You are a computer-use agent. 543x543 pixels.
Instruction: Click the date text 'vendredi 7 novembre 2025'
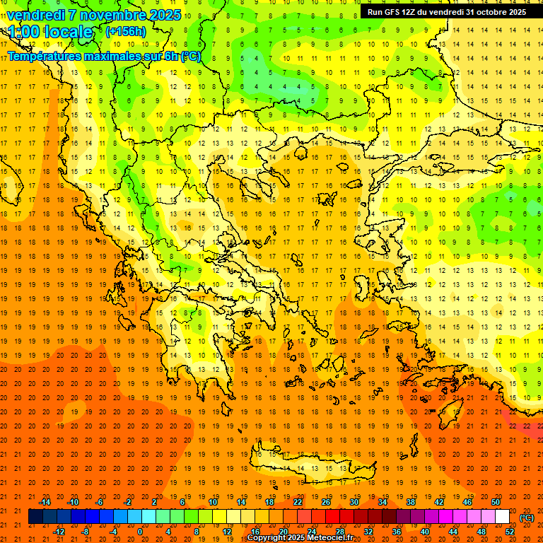(x=94, y=15)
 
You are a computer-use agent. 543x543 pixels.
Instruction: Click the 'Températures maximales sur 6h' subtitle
(x=103, y=56)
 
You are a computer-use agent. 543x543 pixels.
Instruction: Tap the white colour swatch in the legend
(x=502, y=517)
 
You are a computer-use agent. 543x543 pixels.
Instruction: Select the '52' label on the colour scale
(x=510, y=532)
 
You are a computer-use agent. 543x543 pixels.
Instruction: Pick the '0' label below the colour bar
(x=141, y=532)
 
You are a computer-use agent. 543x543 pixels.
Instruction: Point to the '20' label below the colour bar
(x=283, y=532)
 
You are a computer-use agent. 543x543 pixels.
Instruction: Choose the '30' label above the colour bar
(x=354, y=502)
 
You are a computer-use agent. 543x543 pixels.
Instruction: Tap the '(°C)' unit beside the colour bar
(x=527, y=518)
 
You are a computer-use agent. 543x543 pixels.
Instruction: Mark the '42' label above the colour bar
(x=439, y=502)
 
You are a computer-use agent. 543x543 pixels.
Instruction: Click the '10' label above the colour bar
(x=213, y=502)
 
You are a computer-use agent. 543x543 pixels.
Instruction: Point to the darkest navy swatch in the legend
(x=35, y=517)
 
